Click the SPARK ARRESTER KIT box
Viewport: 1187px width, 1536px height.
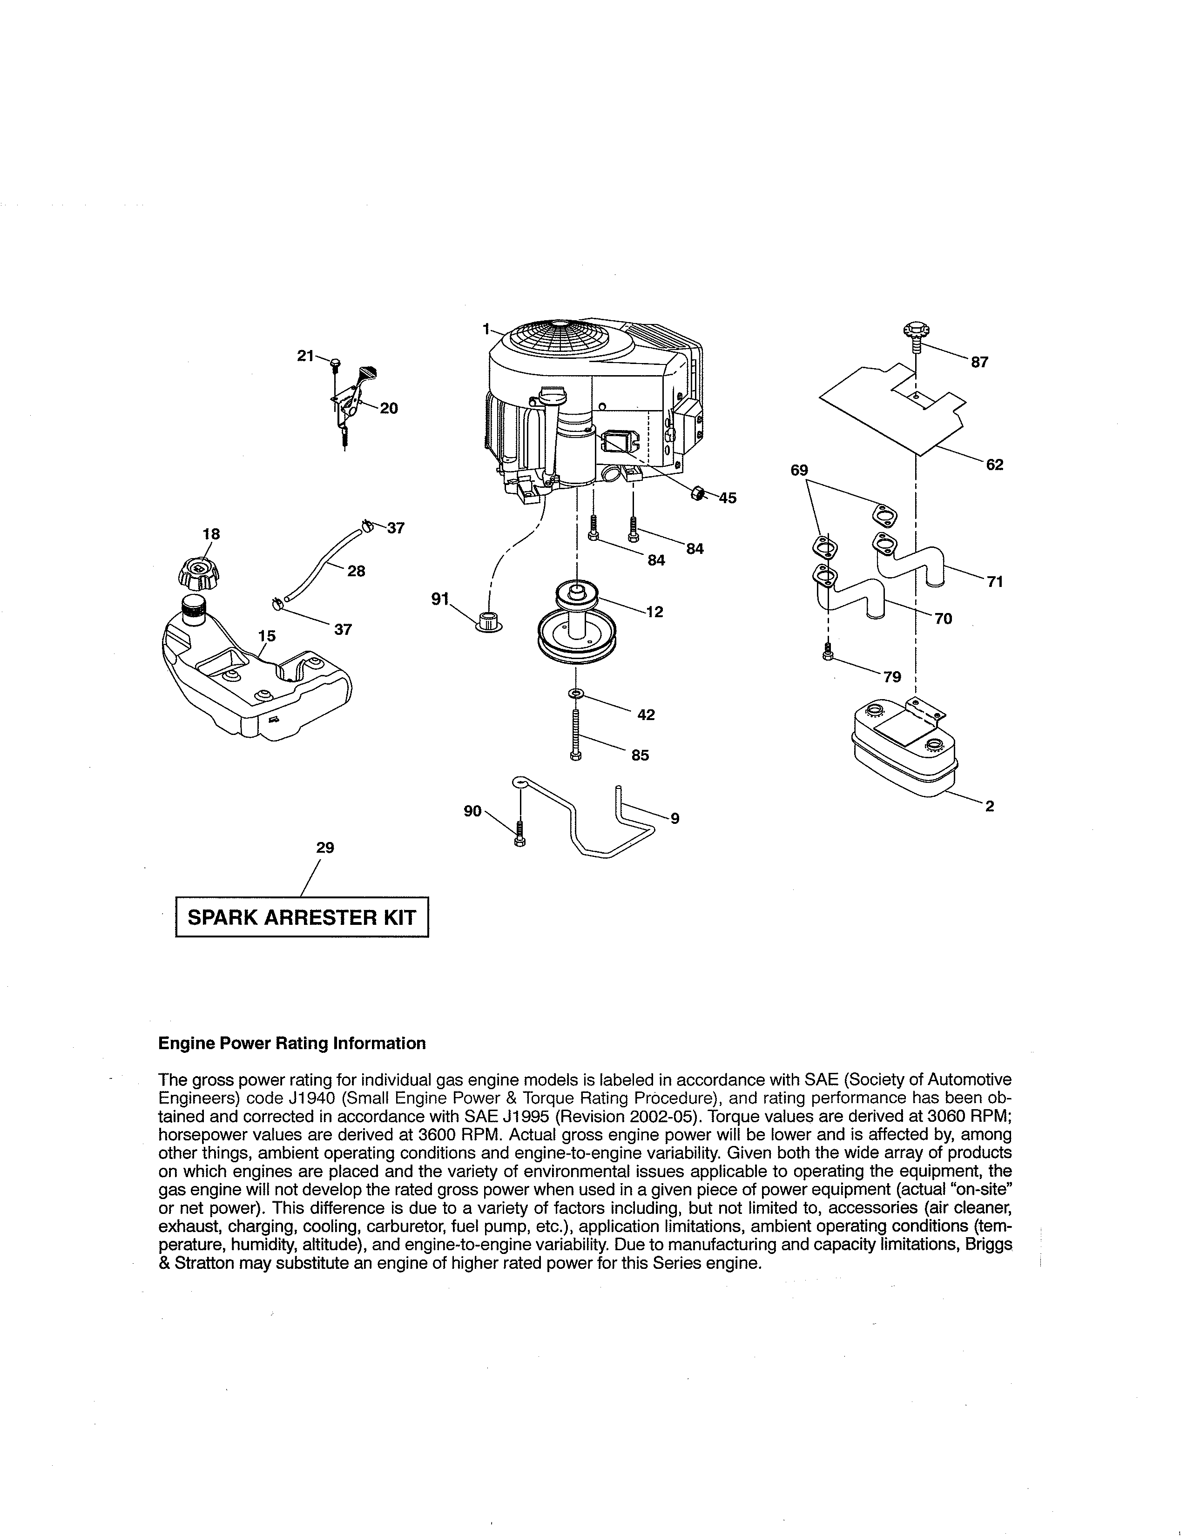[x=301, y=917]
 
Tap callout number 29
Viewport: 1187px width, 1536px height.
[x=325, y=848]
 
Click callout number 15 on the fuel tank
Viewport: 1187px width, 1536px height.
[x=267, y=636]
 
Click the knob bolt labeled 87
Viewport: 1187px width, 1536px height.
[x=915, y=335]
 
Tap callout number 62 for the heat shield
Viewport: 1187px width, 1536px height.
[x=994, y=465]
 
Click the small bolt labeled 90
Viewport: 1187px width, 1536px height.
[x=519, y=834]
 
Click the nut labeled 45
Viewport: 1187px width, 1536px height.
[x=696, y=493]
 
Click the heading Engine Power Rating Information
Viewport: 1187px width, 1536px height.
[x=292, y=1043]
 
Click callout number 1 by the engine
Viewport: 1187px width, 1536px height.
[x=486, y=329]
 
